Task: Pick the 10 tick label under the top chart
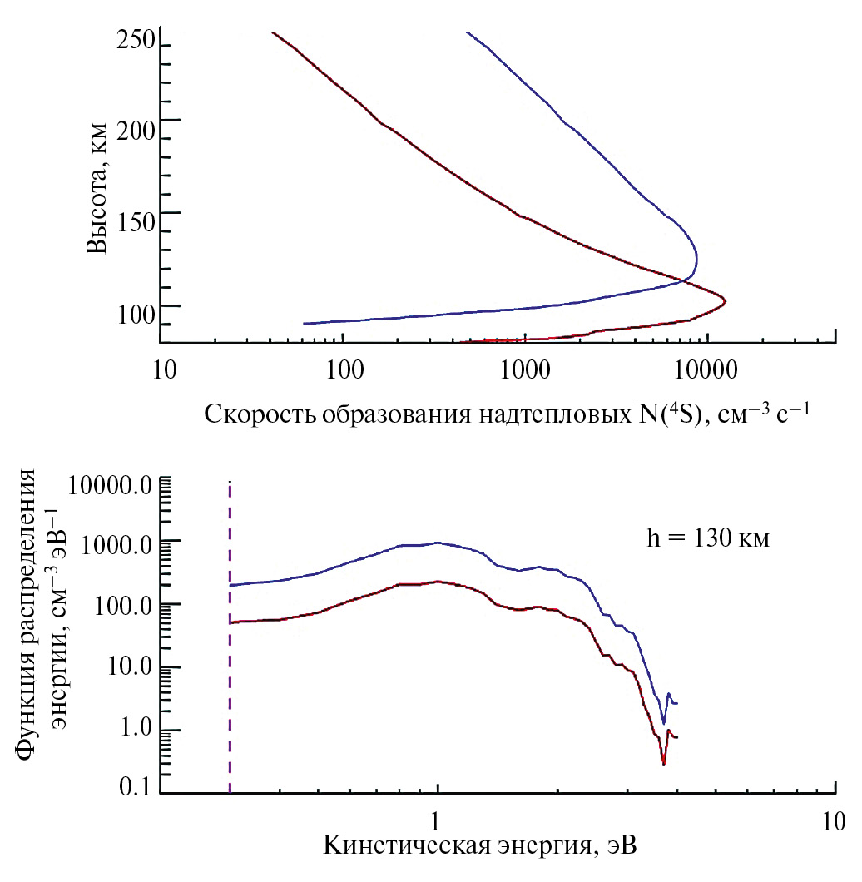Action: click(x=165, y=366)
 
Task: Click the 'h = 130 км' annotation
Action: click(x=709, y=539)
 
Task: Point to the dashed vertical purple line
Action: click(x=230, y=632)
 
